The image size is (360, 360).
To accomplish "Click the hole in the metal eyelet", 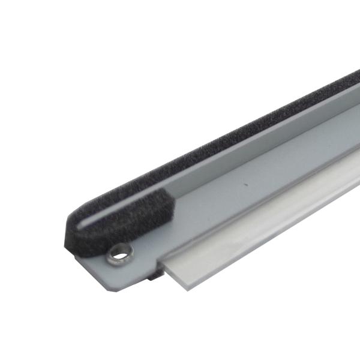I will point(119,255).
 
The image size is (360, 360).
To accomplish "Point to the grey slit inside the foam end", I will point(90,223).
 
